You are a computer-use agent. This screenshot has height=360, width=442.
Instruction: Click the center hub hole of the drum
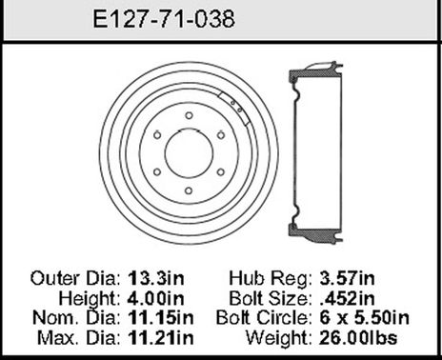click(187, 151)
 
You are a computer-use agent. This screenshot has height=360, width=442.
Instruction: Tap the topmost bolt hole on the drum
click(188, 115)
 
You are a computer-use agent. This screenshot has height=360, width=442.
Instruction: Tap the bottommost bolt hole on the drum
click(188, 188)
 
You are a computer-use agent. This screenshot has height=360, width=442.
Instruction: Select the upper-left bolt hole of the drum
click(155, 133)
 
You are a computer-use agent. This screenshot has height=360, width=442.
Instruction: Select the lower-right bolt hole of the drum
click(219, 170)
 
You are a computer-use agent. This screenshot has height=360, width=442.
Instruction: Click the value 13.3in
click(171, 279)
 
